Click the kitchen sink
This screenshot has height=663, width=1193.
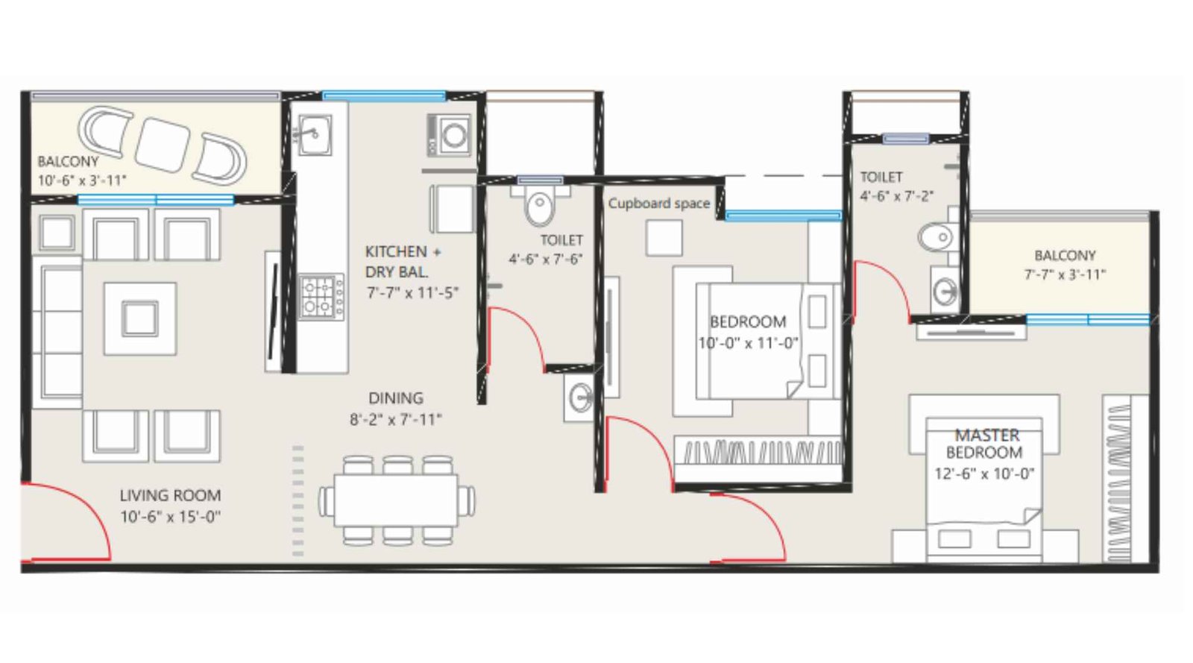312,135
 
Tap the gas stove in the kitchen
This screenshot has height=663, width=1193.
321,297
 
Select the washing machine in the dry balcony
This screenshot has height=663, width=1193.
450,135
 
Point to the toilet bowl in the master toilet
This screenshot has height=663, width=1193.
936,238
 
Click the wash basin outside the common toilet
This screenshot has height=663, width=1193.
579,398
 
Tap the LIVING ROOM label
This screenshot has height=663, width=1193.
170,495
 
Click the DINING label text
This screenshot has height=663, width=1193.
395,398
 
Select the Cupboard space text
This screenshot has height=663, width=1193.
658,203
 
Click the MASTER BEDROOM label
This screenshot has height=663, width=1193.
986,444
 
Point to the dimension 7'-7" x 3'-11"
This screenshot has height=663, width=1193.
1065,274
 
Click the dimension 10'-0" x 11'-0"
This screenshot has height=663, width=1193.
748,343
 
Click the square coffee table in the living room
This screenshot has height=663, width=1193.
140,318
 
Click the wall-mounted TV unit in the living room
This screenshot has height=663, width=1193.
273,311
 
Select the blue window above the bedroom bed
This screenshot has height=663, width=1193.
783,216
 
